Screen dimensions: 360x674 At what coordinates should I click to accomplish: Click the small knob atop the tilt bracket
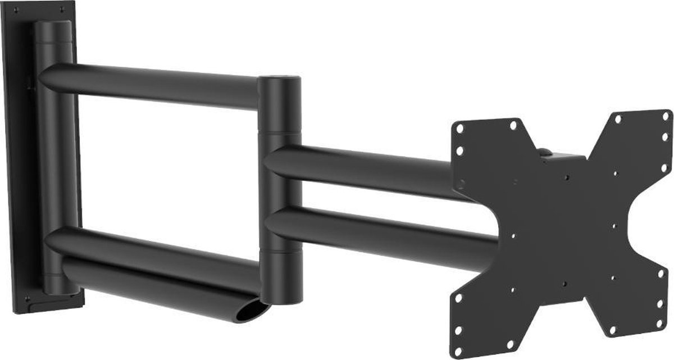pyautogui.click(x=544, y=151)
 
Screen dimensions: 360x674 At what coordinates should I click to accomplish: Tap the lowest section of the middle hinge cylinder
pyautogui.click(x=280, y=275)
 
